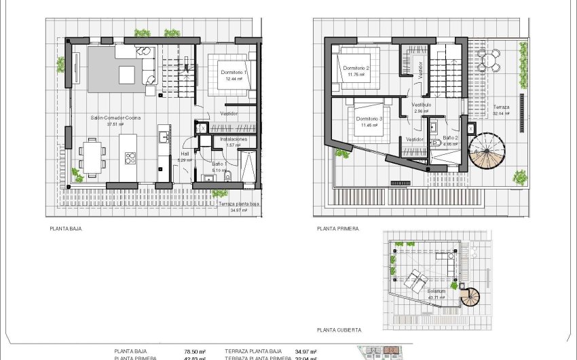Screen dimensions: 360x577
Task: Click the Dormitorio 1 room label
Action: tap(234, 71)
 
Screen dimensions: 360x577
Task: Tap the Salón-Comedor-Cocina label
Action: tap(115, 118)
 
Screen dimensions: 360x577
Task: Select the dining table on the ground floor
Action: tap(92, 154)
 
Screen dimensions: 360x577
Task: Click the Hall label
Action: tap(184, 154)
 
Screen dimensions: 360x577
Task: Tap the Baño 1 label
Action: tap(219, 163)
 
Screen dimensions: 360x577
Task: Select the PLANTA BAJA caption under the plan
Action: tap(66, 229)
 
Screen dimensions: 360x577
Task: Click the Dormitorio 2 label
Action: tap(356, 68)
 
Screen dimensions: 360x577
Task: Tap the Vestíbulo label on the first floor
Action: tap(422, 105)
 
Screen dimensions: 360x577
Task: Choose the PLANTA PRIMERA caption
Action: tap(337, 229)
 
